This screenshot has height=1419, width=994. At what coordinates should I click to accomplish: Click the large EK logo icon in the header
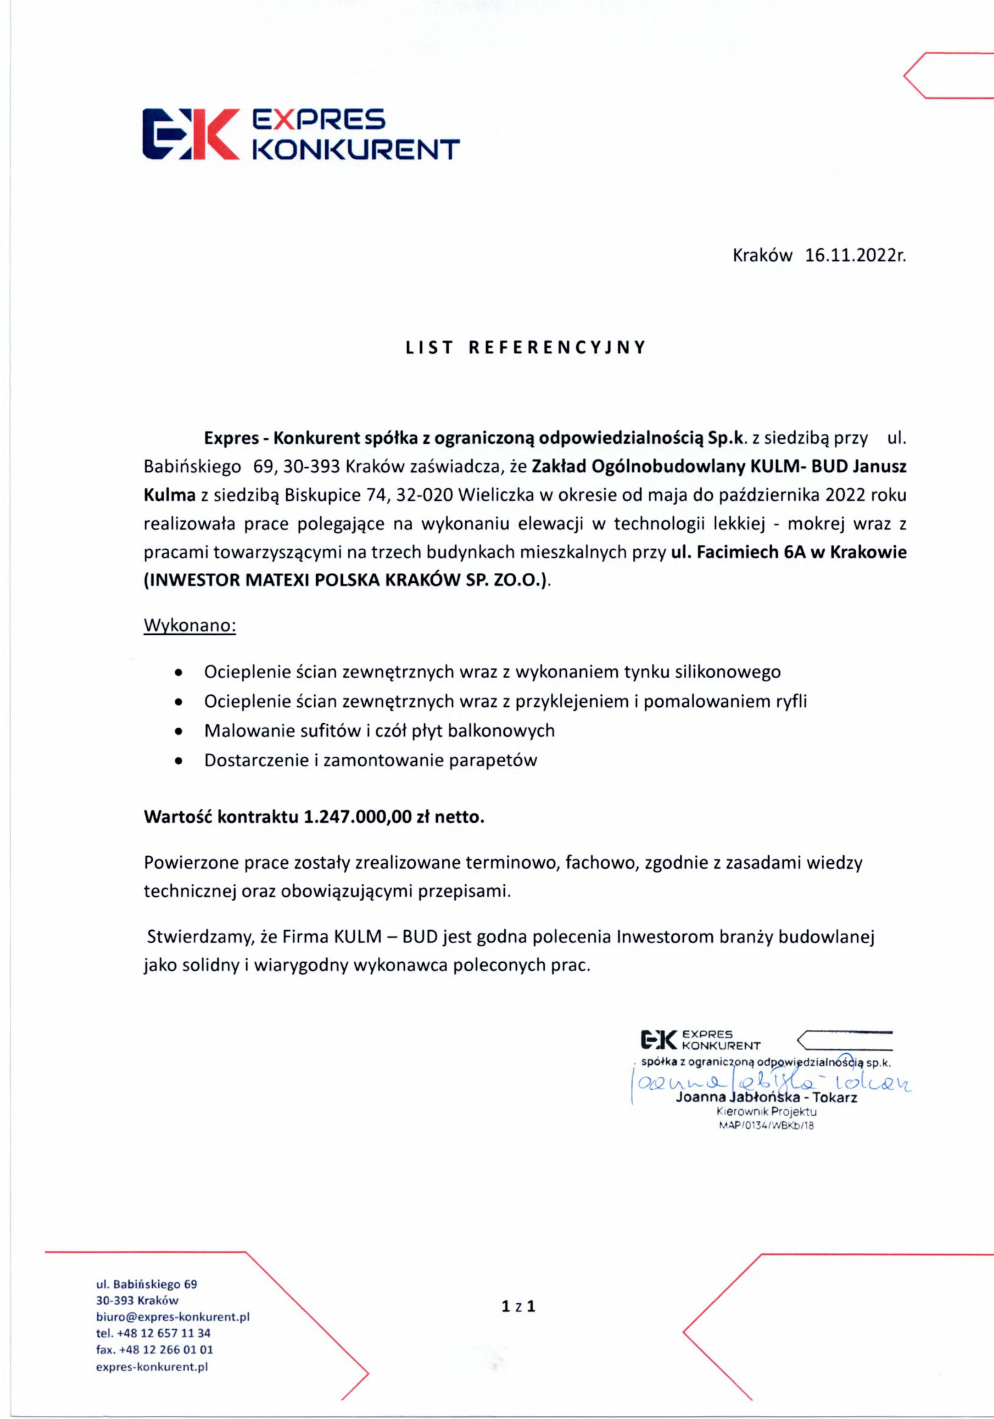pos(190,134)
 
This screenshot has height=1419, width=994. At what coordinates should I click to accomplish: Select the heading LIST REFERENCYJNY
pos(525,347)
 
